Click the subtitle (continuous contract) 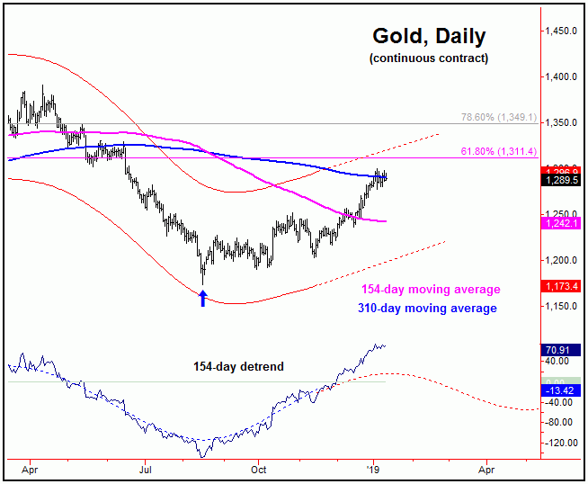pyautogui.click(x=429, y=58)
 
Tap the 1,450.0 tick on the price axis pyautogui.click(x=560, y=31)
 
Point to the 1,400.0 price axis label pyautogui.click(x=560, y=77)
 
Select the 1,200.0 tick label pyautogui.click(x=560, y=261)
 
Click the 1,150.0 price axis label pyautogui.click(x=560, y=307)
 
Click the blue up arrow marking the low pyautogui.click(x=203, y=298)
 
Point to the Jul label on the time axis pyautogui.click(x=145, y=469)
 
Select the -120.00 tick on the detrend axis pyautogui.click(x=560, y=444)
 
